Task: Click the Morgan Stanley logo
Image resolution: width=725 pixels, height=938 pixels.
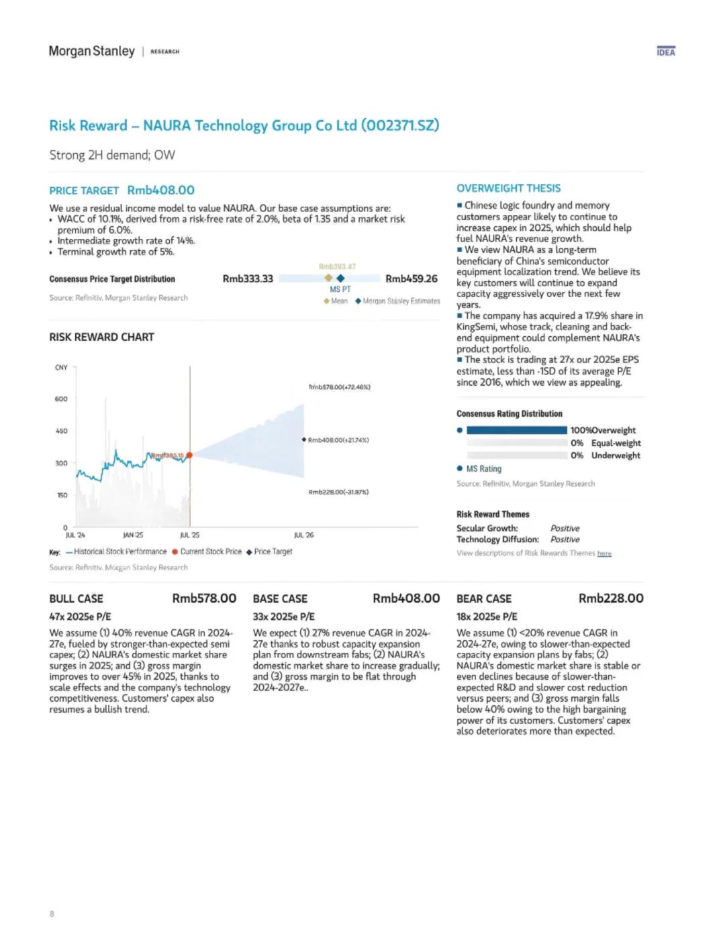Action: coord(92,51)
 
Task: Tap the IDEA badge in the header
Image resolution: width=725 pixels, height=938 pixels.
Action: coord(666,52)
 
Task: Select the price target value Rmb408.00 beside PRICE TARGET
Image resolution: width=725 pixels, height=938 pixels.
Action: coord(161,190)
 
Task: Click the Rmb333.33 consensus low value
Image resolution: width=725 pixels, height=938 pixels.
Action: coord(248,278)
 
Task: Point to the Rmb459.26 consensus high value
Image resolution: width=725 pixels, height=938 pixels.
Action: coord(411,278)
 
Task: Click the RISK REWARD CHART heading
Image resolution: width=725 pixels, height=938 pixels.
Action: coord(101,337)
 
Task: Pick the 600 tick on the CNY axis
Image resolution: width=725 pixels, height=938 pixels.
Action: coord(61,399)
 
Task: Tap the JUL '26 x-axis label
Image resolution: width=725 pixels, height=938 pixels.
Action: coord(303,535)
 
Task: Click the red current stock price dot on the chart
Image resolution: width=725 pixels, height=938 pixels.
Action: coord(190,455)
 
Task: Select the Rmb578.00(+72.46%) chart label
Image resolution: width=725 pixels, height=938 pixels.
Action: coord(340,387)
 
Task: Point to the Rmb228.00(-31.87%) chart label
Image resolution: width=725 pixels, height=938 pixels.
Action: coord(338,492)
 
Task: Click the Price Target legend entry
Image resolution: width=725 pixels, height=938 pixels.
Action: coord(273,552)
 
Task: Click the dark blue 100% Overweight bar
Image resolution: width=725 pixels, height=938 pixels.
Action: coord(516,430)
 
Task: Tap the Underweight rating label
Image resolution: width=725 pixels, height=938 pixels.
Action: coord(616,455)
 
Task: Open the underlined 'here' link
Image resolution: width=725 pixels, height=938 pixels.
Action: coord(604,554)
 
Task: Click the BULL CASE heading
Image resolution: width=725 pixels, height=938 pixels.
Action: coord(76,598)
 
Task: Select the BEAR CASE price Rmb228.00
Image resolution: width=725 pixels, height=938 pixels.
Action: coord(611,598)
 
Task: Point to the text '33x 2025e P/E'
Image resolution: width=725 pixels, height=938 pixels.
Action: coord(283,616)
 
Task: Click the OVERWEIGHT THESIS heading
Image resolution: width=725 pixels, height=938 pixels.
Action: coord(508,188)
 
